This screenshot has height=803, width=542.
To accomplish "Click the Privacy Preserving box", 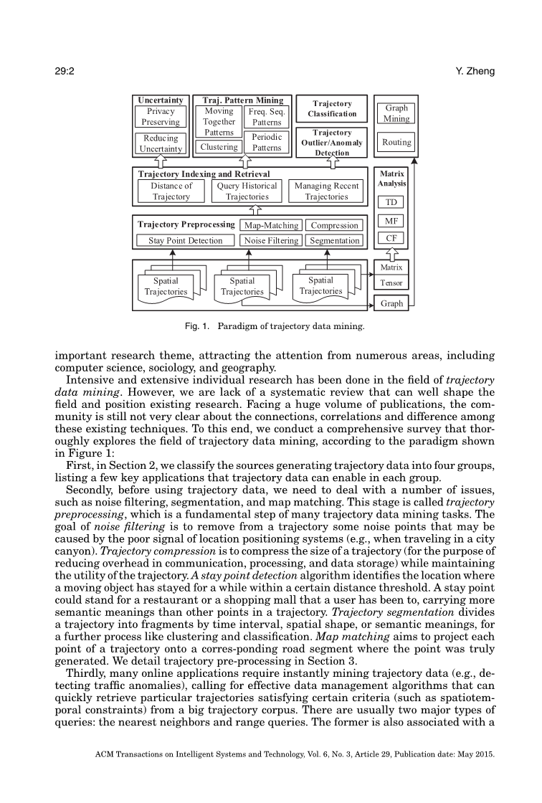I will coord(161,117).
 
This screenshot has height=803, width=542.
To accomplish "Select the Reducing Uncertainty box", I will coord(161,143).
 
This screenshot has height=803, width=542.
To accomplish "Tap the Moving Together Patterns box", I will coord(219,122).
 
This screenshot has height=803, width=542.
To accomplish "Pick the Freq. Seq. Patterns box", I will coord(267,117).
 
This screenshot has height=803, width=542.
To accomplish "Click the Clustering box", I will coord(219,147).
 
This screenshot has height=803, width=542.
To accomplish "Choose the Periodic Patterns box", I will coord(267,142).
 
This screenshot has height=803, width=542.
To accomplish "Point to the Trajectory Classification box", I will coord(332,109).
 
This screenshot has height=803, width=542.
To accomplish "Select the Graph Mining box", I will coord(396,113).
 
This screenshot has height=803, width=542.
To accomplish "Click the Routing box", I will coord(396,142).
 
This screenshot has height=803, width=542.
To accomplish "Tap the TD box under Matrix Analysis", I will coord(391,202).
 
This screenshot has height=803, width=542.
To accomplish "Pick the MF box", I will coord(391,221).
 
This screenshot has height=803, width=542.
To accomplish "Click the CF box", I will coord(391,238).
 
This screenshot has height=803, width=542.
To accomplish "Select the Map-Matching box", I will coord(271,225).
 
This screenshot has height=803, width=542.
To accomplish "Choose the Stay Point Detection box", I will coord(186,241).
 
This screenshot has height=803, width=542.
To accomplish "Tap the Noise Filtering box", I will coord(271,241).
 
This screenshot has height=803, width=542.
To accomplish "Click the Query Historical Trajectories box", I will coord(247,191).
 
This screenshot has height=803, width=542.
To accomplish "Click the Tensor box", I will coord(391,283).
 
